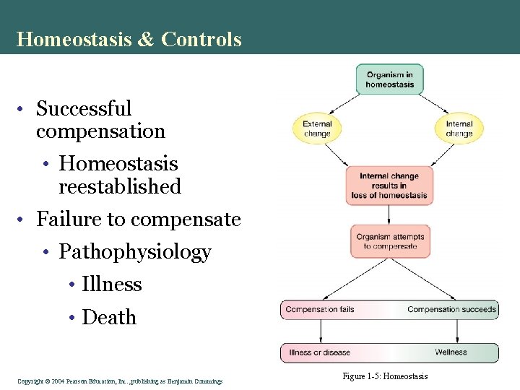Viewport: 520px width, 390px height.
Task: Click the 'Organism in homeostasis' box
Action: pyautogui.click(x=389, y=79)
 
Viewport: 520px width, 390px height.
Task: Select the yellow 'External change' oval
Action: pyautogui.click(x=317, y=129)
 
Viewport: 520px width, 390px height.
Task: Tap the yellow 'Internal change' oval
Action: pyautogui.click(x=459, y=129)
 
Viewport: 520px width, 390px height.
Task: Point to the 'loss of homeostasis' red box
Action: pyautogui.click(x=389, y=186)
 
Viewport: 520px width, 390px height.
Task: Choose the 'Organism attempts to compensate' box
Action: pyautogui.click(x=389, y=241)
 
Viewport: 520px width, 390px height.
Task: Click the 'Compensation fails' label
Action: pyautogui.click(x=320, y=310)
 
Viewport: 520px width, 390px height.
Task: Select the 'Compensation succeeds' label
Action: pyautogui.click(x=451, y=310)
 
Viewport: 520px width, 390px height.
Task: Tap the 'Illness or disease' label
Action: pyautogui.click(x=319, y=352)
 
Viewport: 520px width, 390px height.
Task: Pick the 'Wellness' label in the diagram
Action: pyautogui.click(x=451, y=352)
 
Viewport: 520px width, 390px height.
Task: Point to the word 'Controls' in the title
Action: pyautogui.click(x=201, y=39)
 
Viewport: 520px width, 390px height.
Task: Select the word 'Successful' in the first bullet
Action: pyautogui.click(x=84, y=109)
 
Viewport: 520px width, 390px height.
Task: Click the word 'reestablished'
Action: pyautogui.click(x=120, y=186)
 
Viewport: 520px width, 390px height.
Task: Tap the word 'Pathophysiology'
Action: pyautogui.click(x=135, y=252)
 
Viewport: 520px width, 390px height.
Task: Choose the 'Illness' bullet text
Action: pyautogui.click(x=112, y=285)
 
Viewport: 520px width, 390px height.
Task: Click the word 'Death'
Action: pyautogui.click(x=109, y=317)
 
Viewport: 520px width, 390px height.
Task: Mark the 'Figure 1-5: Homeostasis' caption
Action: pyautogui.click(x=386, y=376)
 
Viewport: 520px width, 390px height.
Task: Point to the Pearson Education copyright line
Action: pyautogui.click(x=120, y=381)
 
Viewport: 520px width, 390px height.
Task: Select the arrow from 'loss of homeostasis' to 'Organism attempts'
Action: pyautogui.click(x=389, y=214)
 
